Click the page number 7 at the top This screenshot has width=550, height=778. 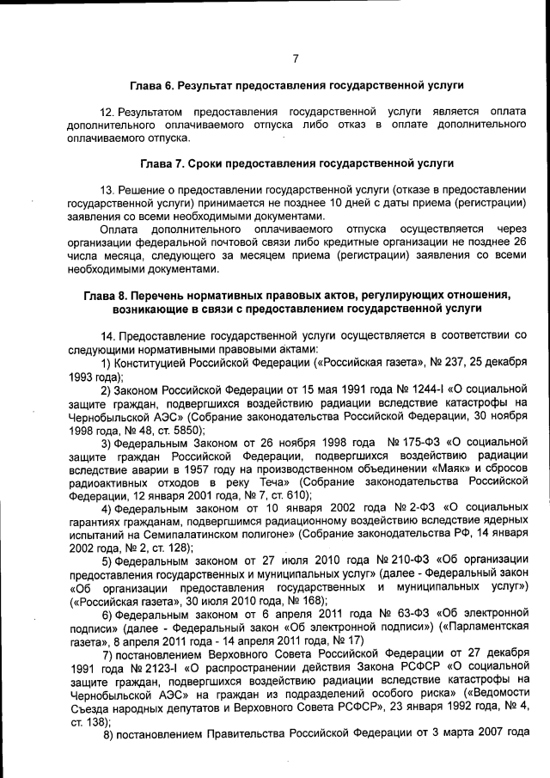(295, 58)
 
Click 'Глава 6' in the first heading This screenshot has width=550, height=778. (152, 86)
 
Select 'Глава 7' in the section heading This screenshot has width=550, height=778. (164, 162)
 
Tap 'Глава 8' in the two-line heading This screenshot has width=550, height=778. (107, 294)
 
